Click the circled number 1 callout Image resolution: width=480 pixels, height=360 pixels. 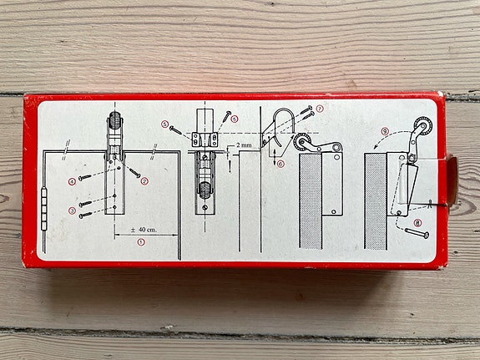(141, 242)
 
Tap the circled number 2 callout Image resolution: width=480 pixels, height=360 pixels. (144, 181)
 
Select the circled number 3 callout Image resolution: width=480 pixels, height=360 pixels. (72, 210)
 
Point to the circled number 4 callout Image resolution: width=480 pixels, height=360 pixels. (72, 182)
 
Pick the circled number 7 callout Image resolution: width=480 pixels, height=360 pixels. (320, 109)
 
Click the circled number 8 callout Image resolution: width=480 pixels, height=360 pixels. (417, 223)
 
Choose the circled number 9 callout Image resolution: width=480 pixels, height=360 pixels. (385, 131)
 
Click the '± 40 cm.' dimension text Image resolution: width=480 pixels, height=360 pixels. (144, 230)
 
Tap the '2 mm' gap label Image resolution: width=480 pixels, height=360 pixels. (244, 145)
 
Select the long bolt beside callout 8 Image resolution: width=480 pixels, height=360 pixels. (417, 233)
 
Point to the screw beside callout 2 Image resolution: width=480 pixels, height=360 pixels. (134, 173)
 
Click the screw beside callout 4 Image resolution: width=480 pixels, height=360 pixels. (85, 177)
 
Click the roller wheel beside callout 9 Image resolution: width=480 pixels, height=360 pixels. (423, 125)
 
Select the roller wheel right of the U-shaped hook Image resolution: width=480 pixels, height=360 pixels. (301, 142)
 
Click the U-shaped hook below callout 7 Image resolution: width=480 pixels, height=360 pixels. (275, 121)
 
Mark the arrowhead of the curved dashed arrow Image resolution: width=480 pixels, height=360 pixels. (376, 146)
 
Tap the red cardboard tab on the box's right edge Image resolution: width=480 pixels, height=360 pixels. (452, 180)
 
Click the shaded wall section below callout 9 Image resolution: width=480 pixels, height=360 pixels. (376, 201)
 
